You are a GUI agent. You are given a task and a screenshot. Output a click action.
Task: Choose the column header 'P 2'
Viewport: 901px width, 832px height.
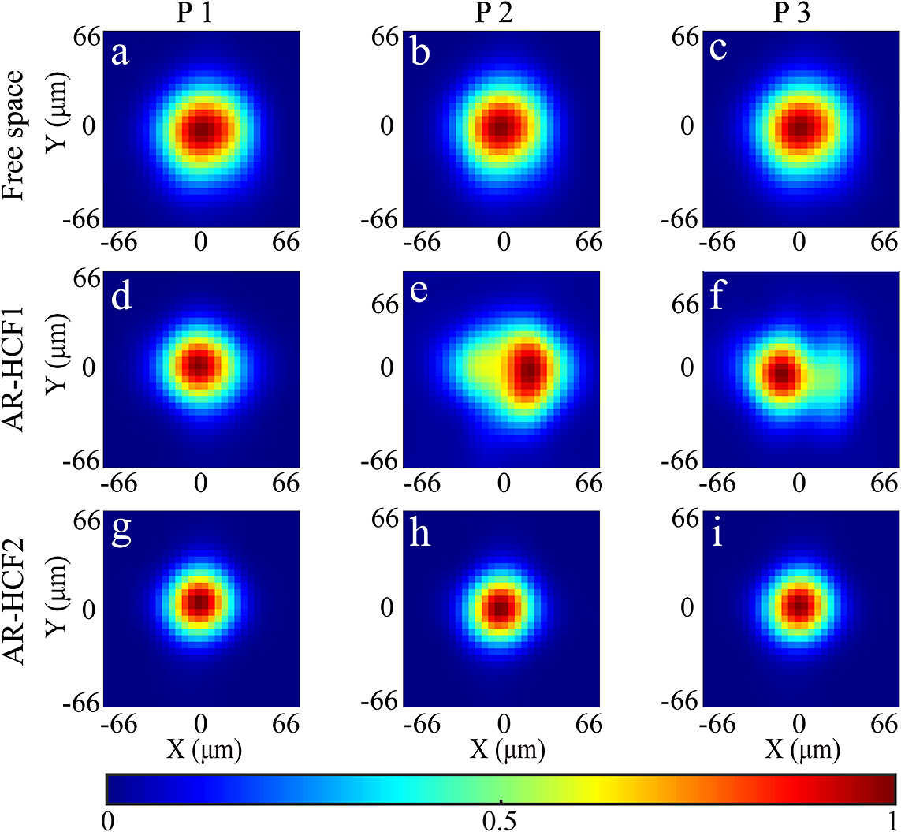pyautogui.click(x=502, y=13)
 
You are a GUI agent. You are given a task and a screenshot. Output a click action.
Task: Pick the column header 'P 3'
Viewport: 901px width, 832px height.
pyautogui.click(x=799, y=13)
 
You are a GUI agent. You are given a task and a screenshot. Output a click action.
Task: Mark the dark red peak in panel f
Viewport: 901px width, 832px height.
pyautogui.click(x=781, y=373)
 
